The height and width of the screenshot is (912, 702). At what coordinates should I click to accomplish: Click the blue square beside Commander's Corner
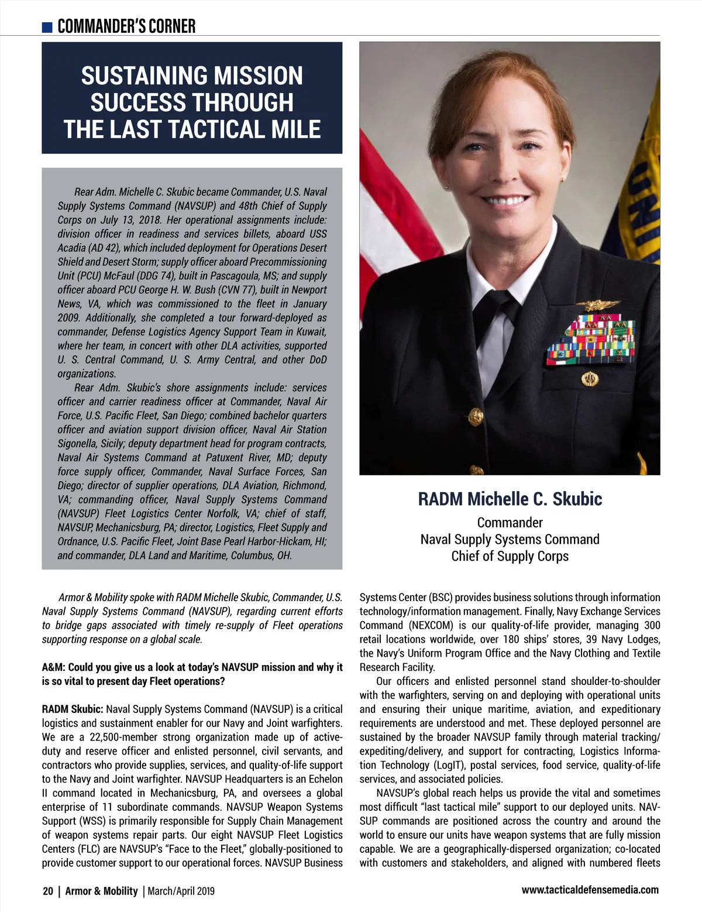tap(47, 27)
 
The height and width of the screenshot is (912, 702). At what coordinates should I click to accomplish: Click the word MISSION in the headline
tap(258, 76)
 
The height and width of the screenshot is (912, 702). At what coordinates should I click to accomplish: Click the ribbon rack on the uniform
tap(591, 340)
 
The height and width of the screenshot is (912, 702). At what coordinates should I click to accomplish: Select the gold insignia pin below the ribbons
tap(589, 379)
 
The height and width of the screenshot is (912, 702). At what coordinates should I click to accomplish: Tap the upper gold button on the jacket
tap(476, 416)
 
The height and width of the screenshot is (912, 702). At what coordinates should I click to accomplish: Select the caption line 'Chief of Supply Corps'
tap(510, 556)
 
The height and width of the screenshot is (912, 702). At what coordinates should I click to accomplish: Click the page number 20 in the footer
tap(48, 891)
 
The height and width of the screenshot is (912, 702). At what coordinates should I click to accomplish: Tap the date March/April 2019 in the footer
tap(181, 891)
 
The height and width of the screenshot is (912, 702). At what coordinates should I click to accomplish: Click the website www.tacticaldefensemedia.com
tap(590, 890)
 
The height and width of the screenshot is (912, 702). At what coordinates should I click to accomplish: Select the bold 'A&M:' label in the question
tap(54, 667)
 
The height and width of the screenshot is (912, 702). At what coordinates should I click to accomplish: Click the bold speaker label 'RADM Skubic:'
tap(73, 709)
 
